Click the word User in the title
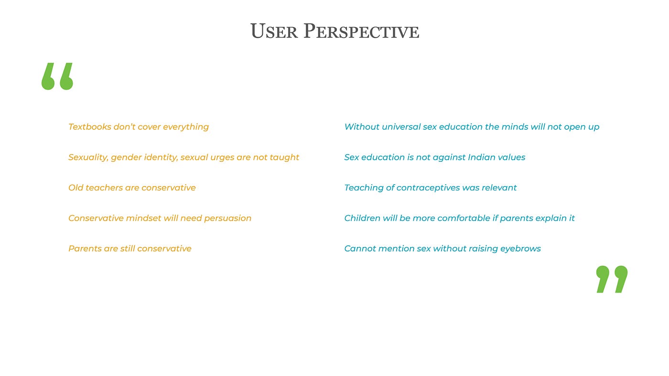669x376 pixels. pos(274,31)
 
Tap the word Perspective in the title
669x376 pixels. pos(361,31)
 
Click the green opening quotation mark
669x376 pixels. pos(57,76)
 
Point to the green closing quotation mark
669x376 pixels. pos(612,279)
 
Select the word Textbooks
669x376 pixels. pos(90,127)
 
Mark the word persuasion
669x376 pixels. pos(227,219)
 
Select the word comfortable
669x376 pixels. pos(464,218)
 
